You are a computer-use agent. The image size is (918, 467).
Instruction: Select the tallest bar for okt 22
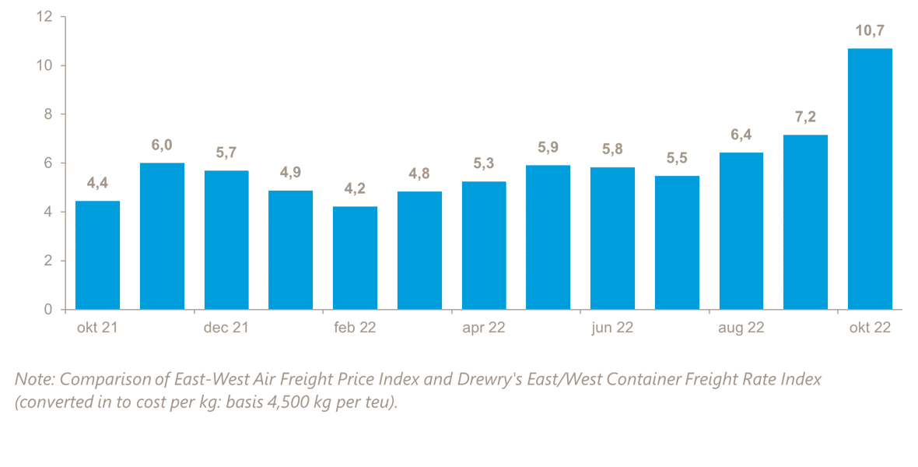click(x=870, y=179)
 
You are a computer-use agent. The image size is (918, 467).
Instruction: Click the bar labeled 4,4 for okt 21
click(x=97, y=255)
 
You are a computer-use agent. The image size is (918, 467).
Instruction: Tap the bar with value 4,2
click(x=355, y=258)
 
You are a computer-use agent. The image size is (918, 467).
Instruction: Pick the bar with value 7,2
click(x=805, y=222)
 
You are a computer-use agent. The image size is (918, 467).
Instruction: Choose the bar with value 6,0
click(x=162, y=236)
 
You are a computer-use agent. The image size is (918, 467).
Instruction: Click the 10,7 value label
click(x=870, y=31)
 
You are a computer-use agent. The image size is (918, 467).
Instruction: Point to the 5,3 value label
click(x=484, y=164)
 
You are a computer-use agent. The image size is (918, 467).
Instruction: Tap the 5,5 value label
click(x=677, y=159)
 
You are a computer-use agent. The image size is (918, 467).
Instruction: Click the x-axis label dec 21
click(x=226, y=328)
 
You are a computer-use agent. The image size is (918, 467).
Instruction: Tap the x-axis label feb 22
click(x=355, y=328)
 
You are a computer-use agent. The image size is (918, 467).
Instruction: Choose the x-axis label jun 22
click(x=612, y=328)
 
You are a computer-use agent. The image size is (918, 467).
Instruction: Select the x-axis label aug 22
click(x=741, y=328)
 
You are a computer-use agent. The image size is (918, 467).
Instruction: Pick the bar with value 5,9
click(x=548, y=237)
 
